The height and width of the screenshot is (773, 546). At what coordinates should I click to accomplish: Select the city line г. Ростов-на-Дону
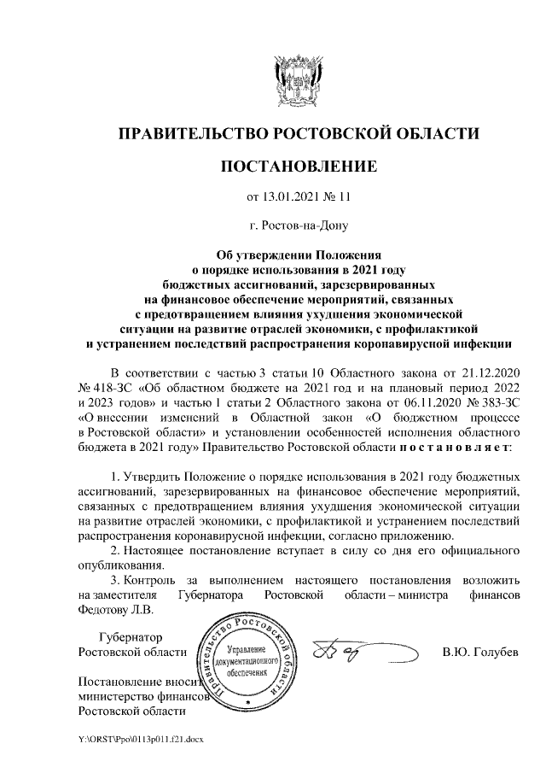point(298,225)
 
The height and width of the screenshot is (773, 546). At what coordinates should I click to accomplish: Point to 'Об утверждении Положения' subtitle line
point(298,254)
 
